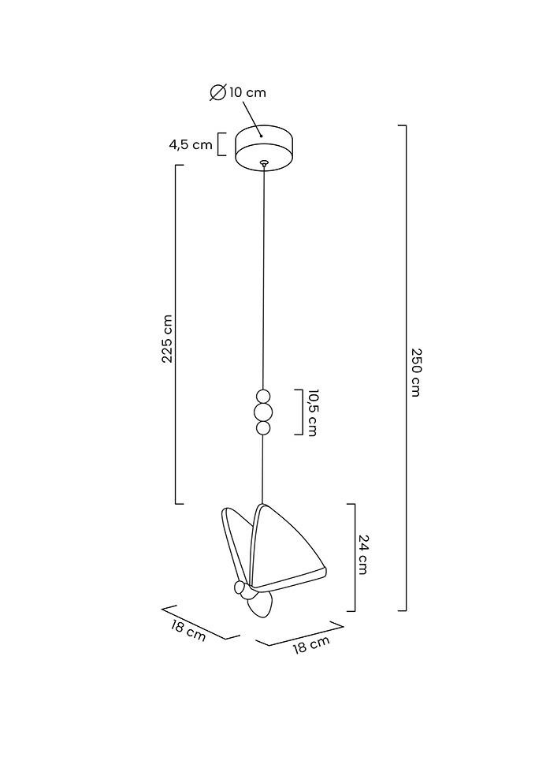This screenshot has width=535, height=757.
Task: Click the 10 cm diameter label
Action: [x=247, y=92]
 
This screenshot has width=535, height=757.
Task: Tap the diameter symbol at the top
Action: [x=218, y=91]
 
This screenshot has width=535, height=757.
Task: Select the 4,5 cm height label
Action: [x=191, y=144]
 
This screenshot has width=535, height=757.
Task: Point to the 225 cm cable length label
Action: [x=167, y=339]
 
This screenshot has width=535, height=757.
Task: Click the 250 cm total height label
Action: [x=416, y=371]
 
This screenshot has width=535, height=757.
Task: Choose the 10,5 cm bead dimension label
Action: [x=312, y=412]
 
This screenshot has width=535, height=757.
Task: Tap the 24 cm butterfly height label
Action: [x=363, y=554]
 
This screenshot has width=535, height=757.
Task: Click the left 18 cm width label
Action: [x=188, y=631]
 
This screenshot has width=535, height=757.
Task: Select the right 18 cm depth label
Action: [x=312, y=644]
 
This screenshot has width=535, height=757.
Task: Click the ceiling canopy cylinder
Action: [x=265, y=147]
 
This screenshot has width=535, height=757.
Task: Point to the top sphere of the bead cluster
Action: [x=263, y=397]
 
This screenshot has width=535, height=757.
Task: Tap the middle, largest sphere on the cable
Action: [x=263, y=412]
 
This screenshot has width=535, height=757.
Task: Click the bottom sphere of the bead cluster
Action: [x=263, y=427]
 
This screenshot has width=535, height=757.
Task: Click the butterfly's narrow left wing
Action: [x=236, y=544]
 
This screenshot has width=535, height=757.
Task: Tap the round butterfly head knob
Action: [x=240, y=587]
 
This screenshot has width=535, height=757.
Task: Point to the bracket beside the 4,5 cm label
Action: [x=222, y=144]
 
